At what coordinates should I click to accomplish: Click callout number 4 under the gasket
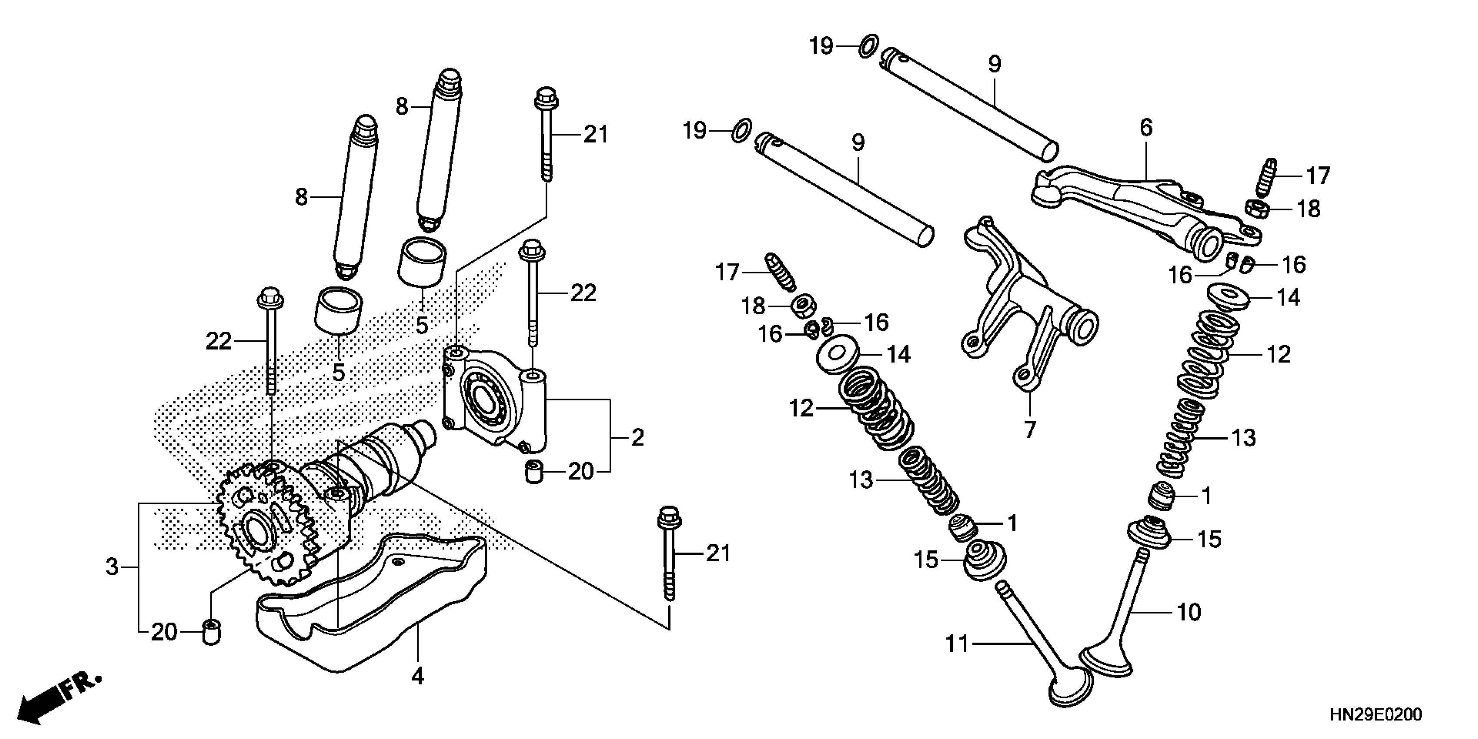pyautogui.click(x=418, y=676)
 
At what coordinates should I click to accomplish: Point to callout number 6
pyautogui.click(x=1146, y=127)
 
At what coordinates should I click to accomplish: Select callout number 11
pyautogui.click(x=956, y=644)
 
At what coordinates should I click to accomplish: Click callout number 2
pyautogui.click(x=637, y=438)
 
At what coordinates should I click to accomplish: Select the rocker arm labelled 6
pyautogui.click(x=1142, y=206)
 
